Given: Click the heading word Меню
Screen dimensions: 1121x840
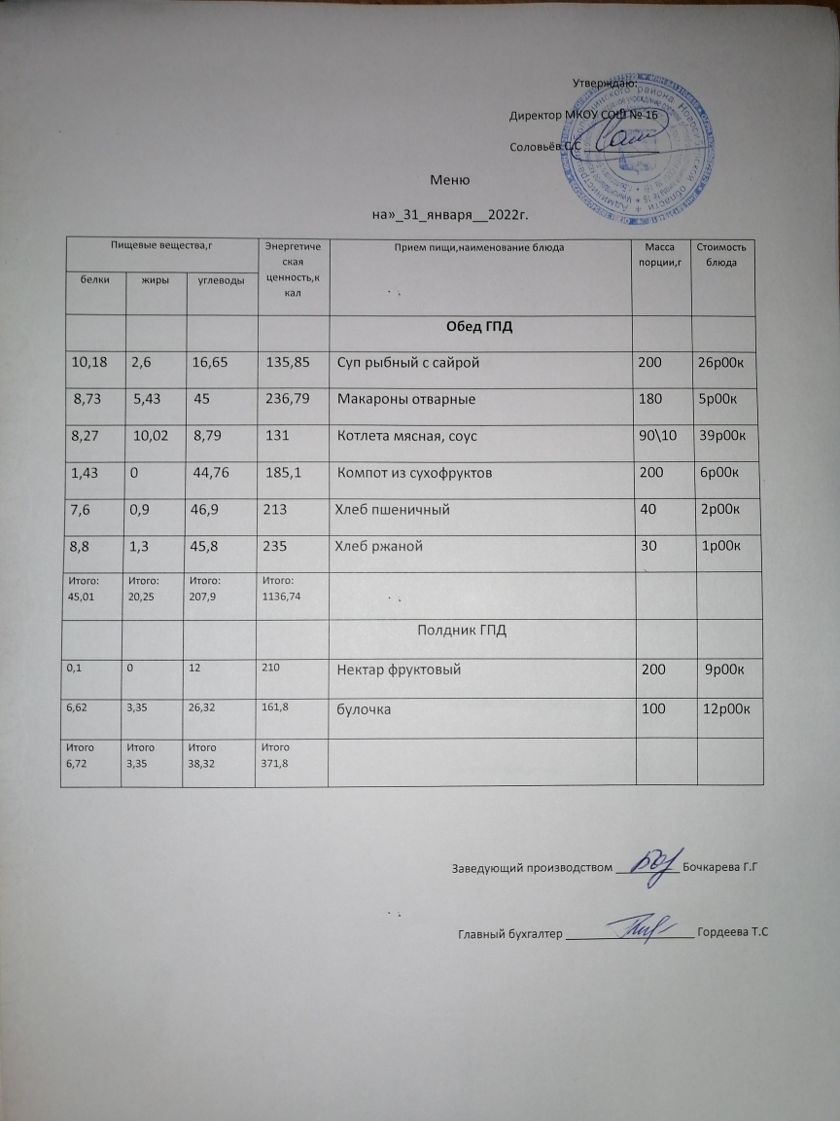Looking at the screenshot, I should pos(450,180).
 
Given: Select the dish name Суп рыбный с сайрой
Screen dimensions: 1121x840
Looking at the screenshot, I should pos(408,363).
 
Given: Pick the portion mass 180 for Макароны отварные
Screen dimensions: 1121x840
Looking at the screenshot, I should pos(648,399).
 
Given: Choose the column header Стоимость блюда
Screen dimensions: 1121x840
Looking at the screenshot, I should pos(720,255).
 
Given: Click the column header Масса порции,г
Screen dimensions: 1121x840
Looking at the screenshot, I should pos(660,255).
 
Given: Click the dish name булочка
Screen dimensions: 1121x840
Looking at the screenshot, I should pos(365,710).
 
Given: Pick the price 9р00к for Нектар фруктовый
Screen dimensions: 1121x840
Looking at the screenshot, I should pos(728,669).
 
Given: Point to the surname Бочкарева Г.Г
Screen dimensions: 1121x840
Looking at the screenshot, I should pos(719,866).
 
